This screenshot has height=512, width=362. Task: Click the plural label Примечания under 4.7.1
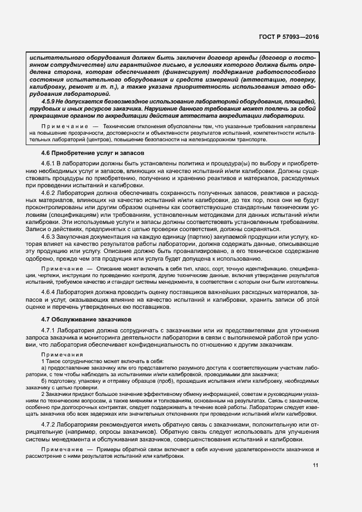60,354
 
